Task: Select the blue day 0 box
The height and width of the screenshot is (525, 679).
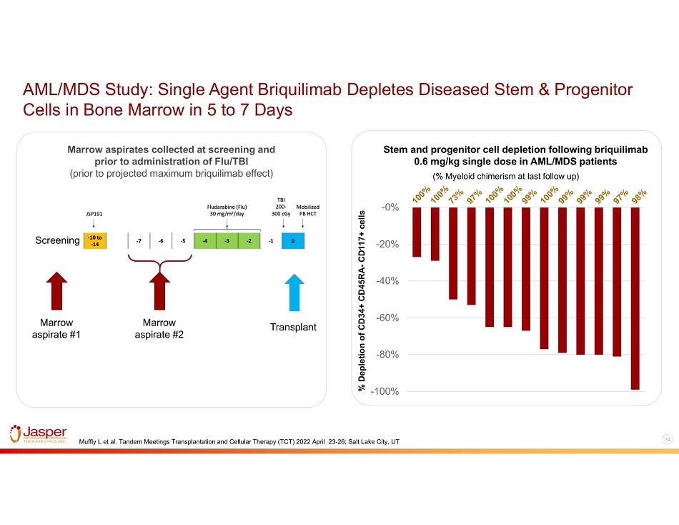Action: [292, 240]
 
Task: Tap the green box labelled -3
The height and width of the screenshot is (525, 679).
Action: [227, 240]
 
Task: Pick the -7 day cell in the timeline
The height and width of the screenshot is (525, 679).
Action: [139, 240]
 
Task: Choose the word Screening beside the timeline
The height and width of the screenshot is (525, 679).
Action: [56, 240]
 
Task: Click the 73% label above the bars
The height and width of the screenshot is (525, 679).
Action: [455, 197]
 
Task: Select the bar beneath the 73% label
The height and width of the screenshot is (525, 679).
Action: [453, 253]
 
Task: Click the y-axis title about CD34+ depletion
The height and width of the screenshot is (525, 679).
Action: [362, 300]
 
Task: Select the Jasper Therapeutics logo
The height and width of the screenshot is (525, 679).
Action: [39, 435]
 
